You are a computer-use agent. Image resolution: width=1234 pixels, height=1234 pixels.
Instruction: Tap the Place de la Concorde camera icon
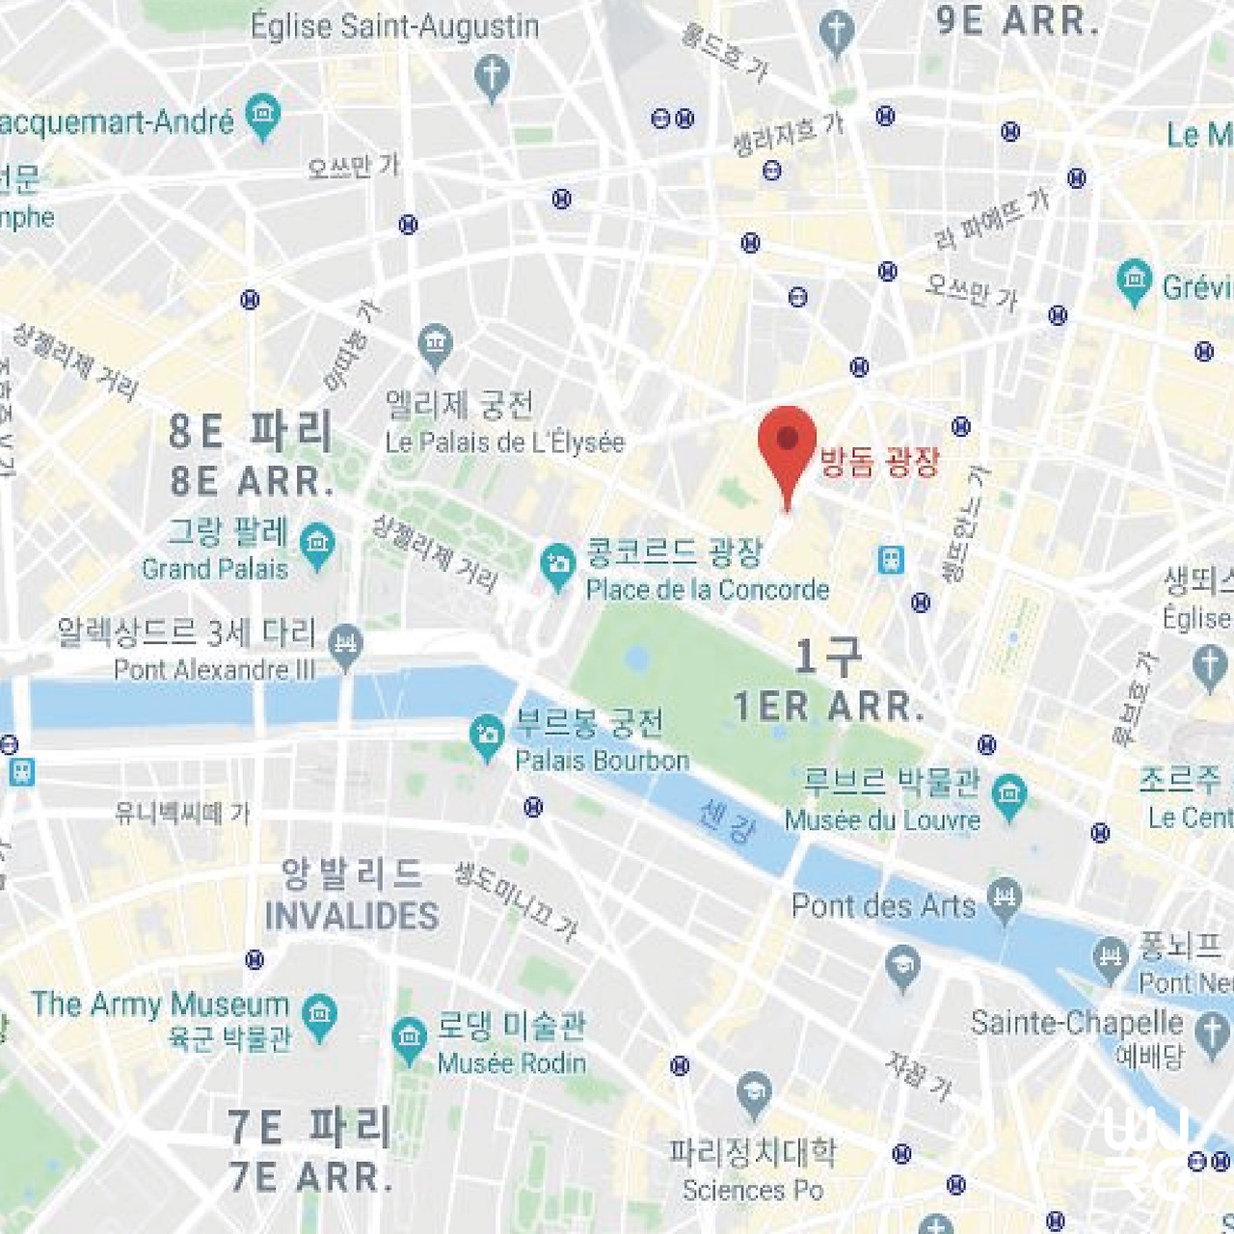coord(557,566)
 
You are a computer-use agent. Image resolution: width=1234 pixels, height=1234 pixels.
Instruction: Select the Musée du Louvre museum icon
coord(1009,795)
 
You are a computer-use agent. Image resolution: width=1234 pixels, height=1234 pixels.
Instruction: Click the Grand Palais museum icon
coord(317,545)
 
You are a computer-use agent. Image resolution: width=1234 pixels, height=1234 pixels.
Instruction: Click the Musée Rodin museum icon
coord(410,1039)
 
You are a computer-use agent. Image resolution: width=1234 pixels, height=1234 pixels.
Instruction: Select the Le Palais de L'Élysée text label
coord(504,443)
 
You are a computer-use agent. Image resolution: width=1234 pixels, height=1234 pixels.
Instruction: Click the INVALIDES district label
coord(352,916)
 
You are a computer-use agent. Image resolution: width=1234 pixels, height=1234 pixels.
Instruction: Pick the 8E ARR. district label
coord(252,480)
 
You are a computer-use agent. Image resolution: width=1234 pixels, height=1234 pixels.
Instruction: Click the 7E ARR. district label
coord(310,1177)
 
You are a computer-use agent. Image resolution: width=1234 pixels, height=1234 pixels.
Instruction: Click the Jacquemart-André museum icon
coord(262,115)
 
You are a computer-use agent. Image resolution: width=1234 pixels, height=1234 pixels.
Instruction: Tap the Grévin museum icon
coord(1134,281)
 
